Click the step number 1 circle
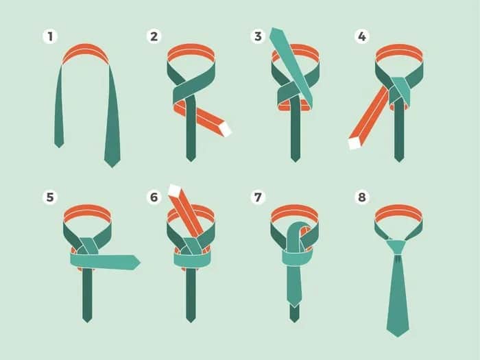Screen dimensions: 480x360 coord(50,36)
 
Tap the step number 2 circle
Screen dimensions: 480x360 coord(154,36)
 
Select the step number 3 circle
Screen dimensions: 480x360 coord(258,36)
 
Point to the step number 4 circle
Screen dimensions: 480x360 coord(362,36)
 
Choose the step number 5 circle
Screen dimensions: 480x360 coord(50,197)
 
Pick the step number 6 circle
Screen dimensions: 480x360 coord(154,197)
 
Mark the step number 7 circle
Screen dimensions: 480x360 coord(258,197)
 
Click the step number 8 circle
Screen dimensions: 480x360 coord(362,197)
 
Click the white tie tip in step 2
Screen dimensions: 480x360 coord(226,129)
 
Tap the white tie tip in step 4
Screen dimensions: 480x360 coord(355,143)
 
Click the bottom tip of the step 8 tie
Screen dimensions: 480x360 coord(398,337)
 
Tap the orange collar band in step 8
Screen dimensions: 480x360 coord(398,213)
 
